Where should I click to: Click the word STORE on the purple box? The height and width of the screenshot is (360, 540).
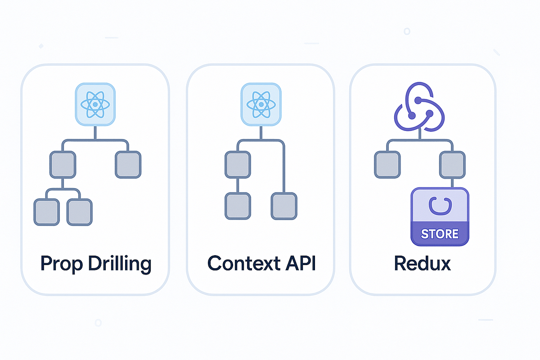coord(440,234)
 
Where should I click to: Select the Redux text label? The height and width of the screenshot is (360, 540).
coord(422,263)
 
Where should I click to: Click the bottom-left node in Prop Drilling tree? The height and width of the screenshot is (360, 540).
coord(46,212)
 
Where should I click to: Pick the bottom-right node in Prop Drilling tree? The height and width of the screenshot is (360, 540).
coord(80,212)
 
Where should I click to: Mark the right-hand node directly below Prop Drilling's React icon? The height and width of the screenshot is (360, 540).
coord(128,164)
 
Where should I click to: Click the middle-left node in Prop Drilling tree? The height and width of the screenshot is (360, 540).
coord(63,164)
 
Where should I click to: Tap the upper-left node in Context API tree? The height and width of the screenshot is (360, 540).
coord(237,164)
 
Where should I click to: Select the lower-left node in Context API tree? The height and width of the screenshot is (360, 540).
coord(237,206)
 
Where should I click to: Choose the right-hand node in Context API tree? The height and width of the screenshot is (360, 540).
coord(284,206)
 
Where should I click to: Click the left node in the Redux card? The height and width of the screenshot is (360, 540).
coord(387,164)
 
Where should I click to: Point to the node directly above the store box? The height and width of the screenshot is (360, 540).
coord(453,164)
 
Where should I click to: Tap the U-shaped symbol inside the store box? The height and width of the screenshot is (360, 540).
coord(440,206)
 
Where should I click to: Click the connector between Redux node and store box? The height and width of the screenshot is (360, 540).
coord(453,183)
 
